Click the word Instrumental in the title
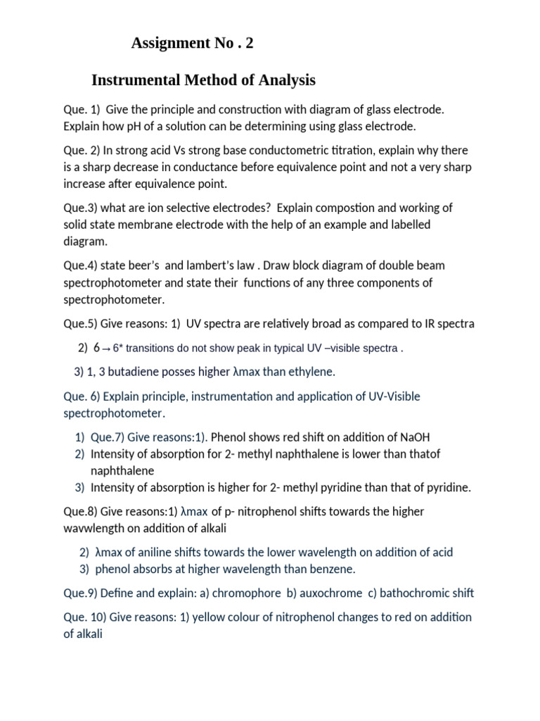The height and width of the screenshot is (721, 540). tap(134, 81)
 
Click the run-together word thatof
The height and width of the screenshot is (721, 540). tap(424, 454)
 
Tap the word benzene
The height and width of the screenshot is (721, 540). tap(330, 569)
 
